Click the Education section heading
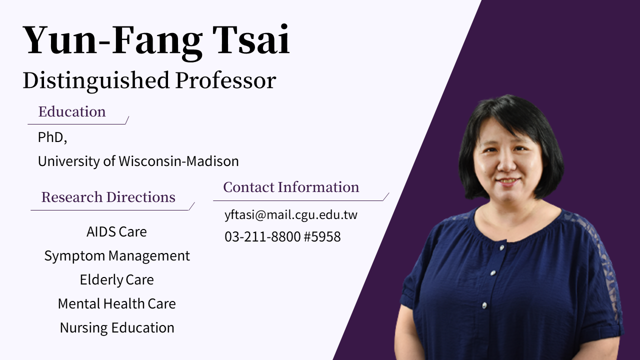(72, 111)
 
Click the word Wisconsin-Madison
(178, 161)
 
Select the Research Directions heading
(108, 197)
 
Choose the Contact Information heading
(291, 187)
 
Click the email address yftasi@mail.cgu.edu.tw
(291, 215)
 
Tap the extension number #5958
(322, 236)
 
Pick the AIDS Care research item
(116, 232)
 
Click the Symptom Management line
(117, 256)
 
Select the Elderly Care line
(116, 280)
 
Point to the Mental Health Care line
(116, 303)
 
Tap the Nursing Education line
(117, 328)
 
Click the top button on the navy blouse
(502, 246)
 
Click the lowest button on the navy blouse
(484, 304)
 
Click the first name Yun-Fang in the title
(112, 40)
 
